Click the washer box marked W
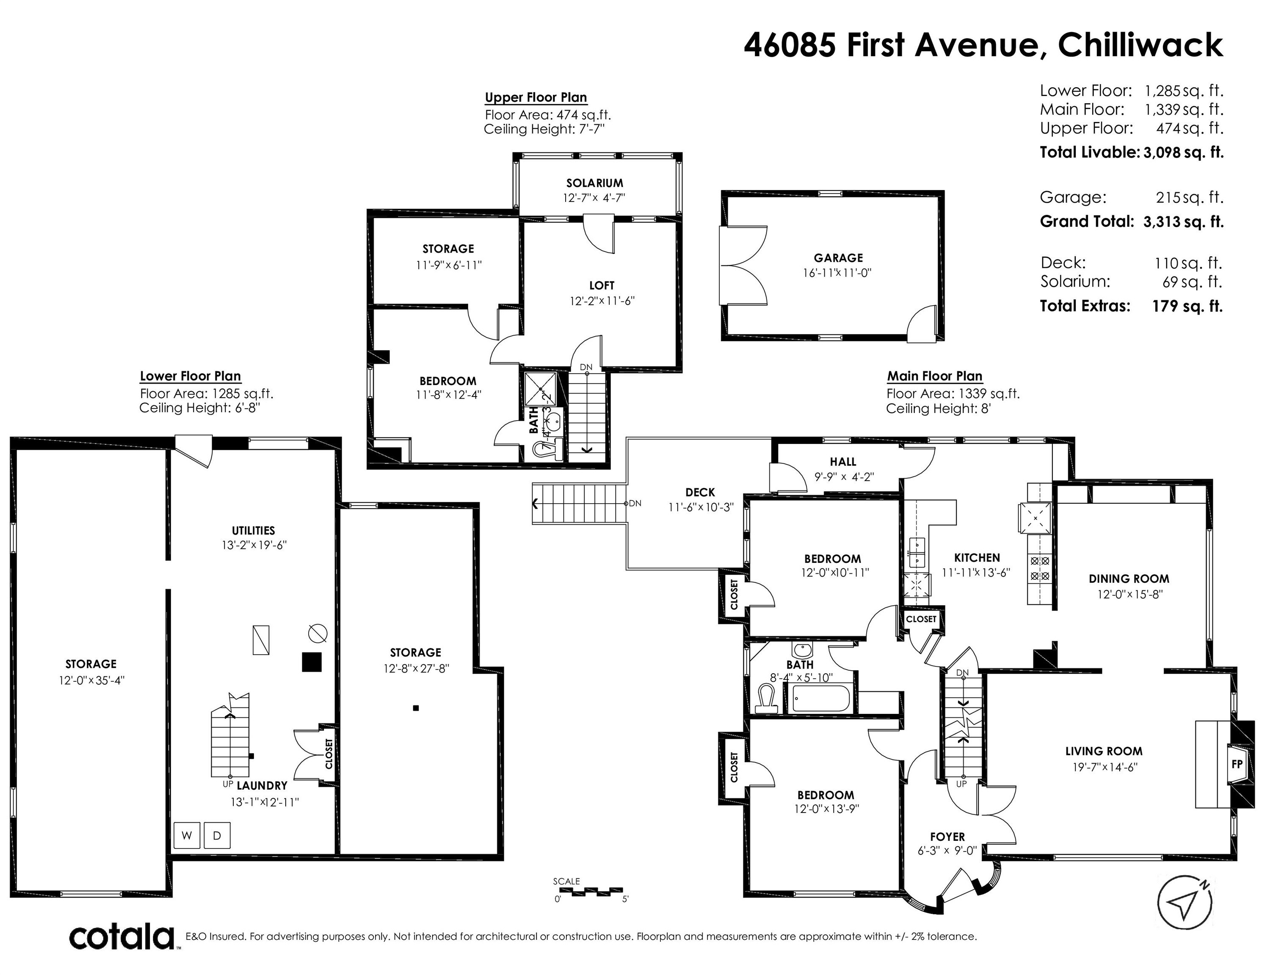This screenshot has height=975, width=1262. [x=187, y=835]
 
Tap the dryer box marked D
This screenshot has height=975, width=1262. [x=217, y=835]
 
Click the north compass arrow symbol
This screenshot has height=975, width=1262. [x=1184, y=903]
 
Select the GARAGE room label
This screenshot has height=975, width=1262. [x=839, y=258]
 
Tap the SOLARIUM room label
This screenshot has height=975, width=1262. [x=595, y=183]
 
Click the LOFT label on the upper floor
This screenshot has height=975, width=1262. [x=602, y=285]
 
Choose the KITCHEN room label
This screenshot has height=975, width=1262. [x=977, y=557]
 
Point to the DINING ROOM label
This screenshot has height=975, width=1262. [x=1129, y=579]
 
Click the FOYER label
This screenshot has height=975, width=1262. [x=947, y=837]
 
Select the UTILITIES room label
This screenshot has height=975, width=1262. [x=253, y=530]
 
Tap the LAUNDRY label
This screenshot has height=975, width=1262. [x=262, y=785]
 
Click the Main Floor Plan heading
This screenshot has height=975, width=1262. [x=934, y=376]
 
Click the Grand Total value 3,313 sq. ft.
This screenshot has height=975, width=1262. [x=1183, y=222]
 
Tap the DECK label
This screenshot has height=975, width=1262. [x=700, y=492]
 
